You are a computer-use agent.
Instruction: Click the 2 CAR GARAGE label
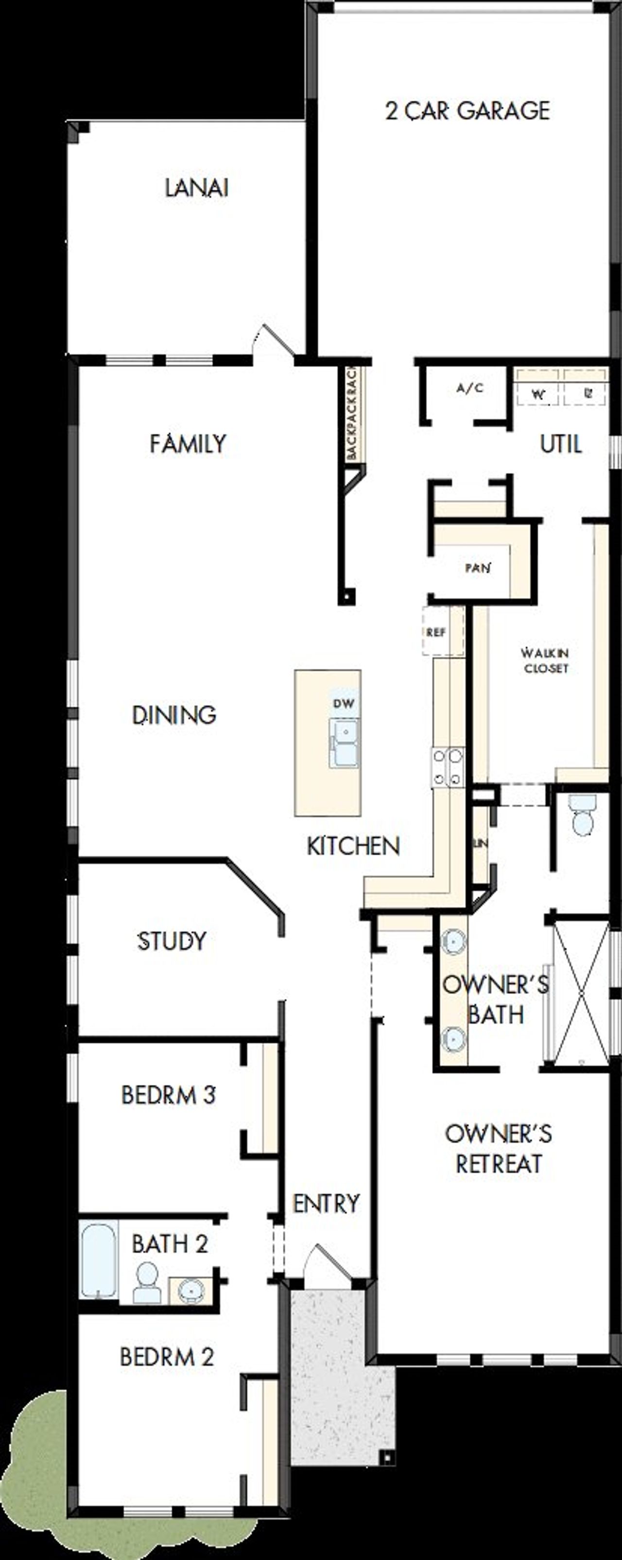click(x=467, y=111)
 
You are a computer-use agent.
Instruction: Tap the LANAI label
click(x=197, y=188)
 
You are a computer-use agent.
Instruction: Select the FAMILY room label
click(x=188, y=444)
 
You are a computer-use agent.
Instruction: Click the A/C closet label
click(x=469, y=388)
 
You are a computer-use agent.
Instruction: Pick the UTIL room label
click(x=561, y=444)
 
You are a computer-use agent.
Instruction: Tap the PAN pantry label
click(x=477, y=568)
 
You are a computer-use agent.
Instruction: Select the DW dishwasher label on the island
click(x=343, y=703)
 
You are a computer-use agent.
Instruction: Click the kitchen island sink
click(x=344, y=743)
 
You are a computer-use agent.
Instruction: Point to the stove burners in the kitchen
click(x=448, y=767)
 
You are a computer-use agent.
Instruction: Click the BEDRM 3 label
click(x=168, y=1095)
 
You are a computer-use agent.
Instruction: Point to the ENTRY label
click(x=326, y=1204)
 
